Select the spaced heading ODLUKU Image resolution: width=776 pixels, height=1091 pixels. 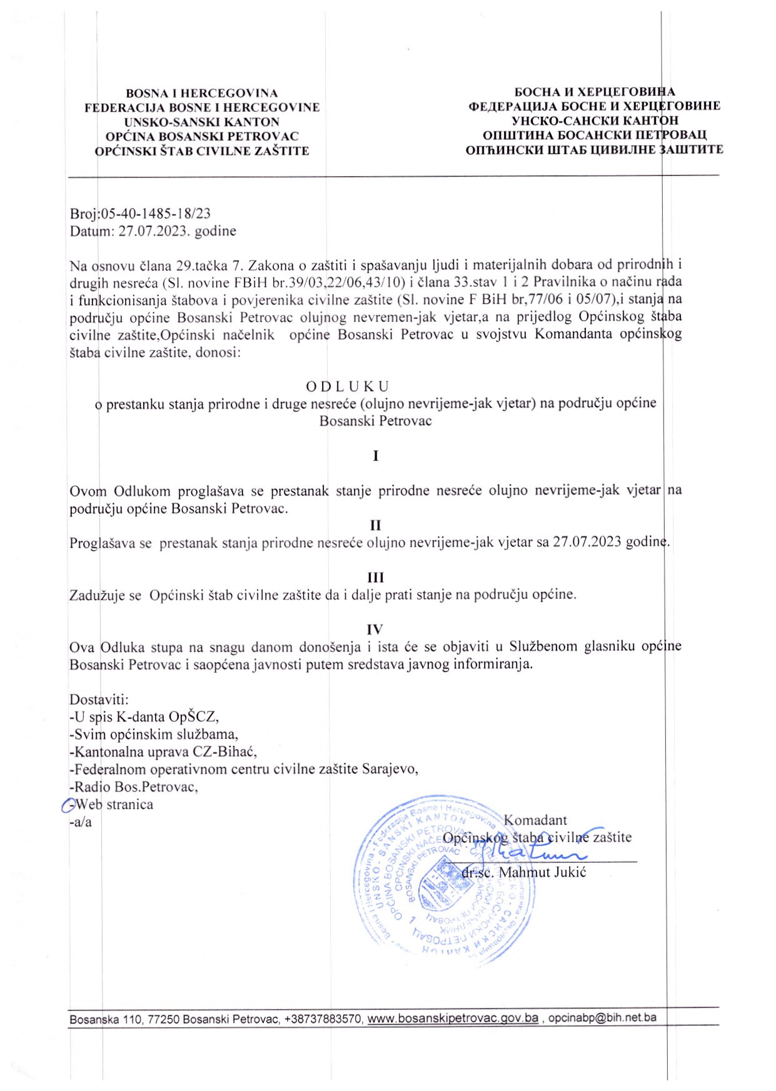(347, 386)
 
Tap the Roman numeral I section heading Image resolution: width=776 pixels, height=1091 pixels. (375, 456)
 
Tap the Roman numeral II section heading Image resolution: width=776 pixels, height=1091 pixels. (375, 525)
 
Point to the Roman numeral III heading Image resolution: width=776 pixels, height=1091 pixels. (375, 577)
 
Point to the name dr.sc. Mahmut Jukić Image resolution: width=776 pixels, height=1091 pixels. (523, 872)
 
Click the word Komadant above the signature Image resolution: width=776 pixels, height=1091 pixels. (535, 820)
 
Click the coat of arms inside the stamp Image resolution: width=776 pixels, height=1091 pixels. (439, 890)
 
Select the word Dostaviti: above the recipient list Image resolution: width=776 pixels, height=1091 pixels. (99, 700)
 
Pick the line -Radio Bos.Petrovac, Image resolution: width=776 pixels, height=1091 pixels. (134, 787)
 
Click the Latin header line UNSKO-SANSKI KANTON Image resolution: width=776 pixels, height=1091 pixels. (201, 122)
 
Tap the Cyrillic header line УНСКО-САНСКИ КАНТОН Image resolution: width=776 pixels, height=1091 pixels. (595, 121)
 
